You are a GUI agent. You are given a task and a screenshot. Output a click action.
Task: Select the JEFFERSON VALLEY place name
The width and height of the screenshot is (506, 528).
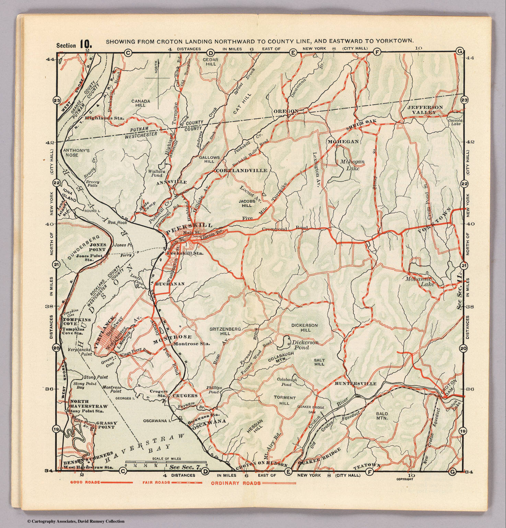click(425, 110)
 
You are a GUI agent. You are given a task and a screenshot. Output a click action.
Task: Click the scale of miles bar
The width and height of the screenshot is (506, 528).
click(166, 462)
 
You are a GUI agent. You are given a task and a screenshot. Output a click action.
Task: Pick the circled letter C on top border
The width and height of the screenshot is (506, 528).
click(128, 53)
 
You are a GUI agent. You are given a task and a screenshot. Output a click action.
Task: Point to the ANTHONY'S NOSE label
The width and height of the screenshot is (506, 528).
click(71, 153)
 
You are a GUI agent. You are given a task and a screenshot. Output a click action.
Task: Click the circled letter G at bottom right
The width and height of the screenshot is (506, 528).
click(452, 472)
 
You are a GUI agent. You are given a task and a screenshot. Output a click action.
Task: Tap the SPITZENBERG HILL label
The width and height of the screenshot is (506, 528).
click(225, 331)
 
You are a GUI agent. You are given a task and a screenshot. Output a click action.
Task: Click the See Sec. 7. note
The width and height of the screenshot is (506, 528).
click(185, 467)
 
